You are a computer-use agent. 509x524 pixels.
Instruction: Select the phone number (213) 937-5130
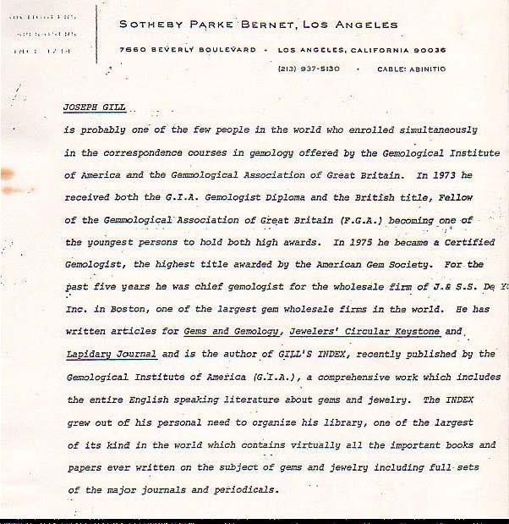point(309,69)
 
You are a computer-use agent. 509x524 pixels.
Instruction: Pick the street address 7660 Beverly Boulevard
point(187,50)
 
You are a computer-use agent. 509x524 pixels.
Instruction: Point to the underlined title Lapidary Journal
point(112,353)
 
